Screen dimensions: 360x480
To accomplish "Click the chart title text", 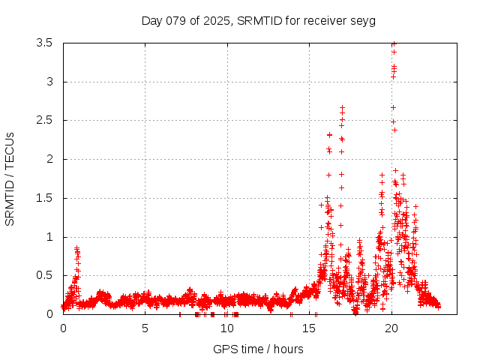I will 258,20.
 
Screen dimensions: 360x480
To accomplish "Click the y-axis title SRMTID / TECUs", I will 10,178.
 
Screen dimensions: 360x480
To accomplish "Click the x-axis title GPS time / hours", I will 258,349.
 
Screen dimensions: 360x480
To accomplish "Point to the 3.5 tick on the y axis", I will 44,43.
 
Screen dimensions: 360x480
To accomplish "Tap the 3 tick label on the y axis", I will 49,82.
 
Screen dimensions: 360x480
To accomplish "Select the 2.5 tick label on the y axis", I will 44,120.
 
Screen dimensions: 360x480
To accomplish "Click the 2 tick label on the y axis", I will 49,159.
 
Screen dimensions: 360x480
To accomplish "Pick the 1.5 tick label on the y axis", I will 44,198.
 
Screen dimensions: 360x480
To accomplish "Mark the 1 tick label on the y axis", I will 49,237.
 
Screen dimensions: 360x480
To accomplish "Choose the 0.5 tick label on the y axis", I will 44,275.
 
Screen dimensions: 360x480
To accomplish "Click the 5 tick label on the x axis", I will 145,328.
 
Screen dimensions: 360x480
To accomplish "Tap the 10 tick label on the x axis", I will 227,328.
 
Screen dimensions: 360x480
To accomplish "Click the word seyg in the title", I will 362,20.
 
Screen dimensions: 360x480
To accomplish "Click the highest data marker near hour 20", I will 394,43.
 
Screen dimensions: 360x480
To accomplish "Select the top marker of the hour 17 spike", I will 342,107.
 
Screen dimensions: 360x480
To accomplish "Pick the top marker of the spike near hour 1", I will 76,247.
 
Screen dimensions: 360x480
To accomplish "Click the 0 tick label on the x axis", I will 63,328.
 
